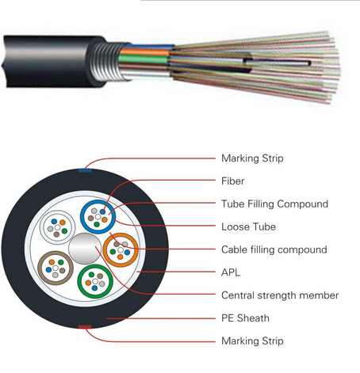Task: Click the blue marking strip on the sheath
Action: [85, 170]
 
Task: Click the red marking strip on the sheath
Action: [85, 327]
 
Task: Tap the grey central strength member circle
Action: [85, 249]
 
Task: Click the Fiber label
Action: [232, 181]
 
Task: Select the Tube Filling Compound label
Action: [274, 204]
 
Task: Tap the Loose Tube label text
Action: [248, 226]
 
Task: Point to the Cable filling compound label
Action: [274, 249]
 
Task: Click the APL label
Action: [231, 272]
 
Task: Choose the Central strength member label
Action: [280, 295]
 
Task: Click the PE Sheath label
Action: [245, 318]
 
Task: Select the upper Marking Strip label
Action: [252, 158]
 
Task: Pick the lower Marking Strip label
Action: [252, 341]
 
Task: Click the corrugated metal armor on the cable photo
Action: [105, 62]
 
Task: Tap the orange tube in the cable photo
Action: [145, 52]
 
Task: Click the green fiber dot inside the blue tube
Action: [97, 224]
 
